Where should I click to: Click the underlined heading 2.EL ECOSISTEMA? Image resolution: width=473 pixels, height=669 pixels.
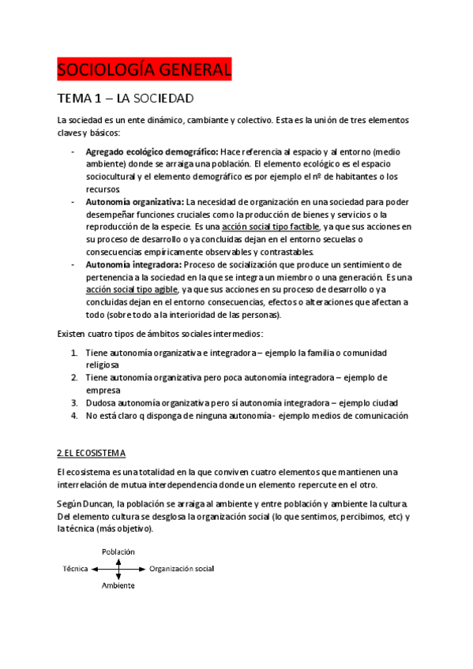[x=92, y=454]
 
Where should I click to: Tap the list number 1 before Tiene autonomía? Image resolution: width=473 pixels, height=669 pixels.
[x=73, y=352]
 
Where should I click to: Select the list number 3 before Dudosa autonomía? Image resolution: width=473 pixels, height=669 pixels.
[x=73, y=402]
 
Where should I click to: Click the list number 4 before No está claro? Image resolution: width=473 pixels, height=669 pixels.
[x=73, y=415]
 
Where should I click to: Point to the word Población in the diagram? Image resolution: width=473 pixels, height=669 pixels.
[x=118, y=551]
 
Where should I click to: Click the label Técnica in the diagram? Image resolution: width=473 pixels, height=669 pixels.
[x=75, y=568]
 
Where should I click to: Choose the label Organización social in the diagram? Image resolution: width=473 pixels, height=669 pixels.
[x=181, y=568]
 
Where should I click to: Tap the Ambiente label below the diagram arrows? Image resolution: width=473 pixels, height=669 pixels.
[x=118, y=585]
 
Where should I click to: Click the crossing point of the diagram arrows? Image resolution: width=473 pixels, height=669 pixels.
[x=118, y=568]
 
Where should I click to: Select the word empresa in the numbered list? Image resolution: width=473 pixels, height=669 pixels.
[x=103, y=390]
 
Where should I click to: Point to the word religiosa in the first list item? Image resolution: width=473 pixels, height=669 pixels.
[x=103, y=365]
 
